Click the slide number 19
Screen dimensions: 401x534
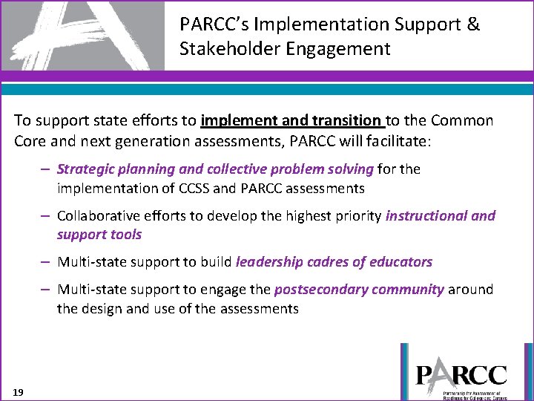pos(18,391)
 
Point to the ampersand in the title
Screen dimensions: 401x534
pos(474,25)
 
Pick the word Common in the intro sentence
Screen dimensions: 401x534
pos(465,121)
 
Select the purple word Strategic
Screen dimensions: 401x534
pos(85,169)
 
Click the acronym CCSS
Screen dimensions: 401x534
pos(194,189)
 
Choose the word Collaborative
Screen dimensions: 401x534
pos(99,216)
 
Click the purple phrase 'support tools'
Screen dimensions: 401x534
pos(99,235)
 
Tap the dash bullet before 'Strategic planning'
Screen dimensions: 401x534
pos(46,169)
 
